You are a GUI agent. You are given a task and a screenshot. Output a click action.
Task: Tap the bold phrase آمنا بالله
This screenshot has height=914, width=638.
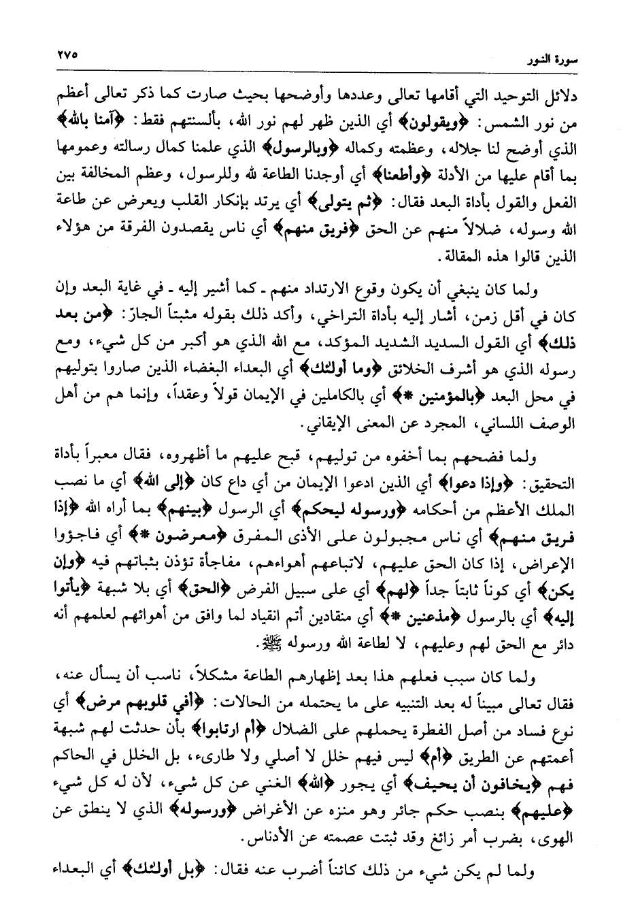pos(90,123)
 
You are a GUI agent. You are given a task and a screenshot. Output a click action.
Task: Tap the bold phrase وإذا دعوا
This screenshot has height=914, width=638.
pos(487,484)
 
